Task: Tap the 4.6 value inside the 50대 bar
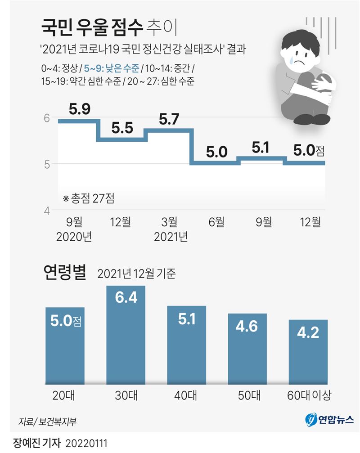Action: pyautogui.click(x=247, y=326)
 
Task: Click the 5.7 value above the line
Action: pyautogui.click(x=169, y=119)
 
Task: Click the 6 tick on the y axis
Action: pyautogui.click(x=46, y=118)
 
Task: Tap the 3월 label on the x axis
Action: pyautogui.click(x=169, y=222)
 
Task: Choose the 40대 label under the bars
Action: pyautogui.click(x=186, y=395)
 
